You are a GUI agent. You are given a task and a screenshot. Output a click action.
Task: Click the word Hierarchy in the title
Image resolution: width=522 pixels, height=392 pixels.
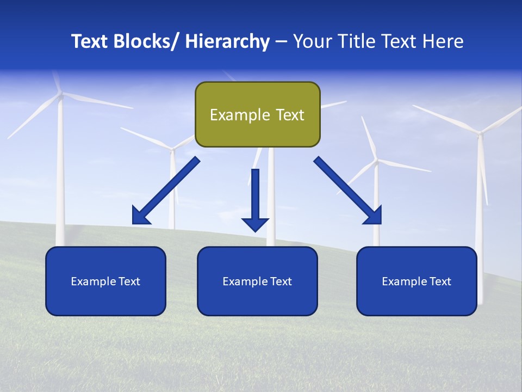(227, 42)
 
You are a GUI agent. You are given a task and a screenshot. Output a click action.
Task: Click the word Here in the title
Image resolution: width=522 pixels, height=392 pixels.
(442, 42)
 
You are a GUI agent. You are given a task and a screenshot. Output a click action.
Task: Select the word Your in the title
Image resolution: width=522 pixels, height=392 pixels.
(312, 42)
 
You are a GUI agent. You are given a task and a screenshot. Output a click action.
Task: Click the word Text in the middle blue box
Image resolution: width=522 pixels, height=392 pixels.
(281, 281)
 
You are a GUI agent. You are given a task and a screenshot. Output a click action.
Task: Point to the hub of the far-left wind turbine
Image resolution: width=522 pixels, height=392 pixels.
(61, 95)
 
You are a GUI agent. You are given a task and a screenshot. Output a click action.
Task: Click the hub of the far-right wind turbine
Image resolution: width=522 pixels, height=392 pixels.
(480, 132)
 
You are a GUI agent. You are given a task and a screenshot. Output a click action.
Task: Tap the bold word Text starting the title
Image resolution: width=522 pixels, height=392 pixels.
(91, 42)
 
